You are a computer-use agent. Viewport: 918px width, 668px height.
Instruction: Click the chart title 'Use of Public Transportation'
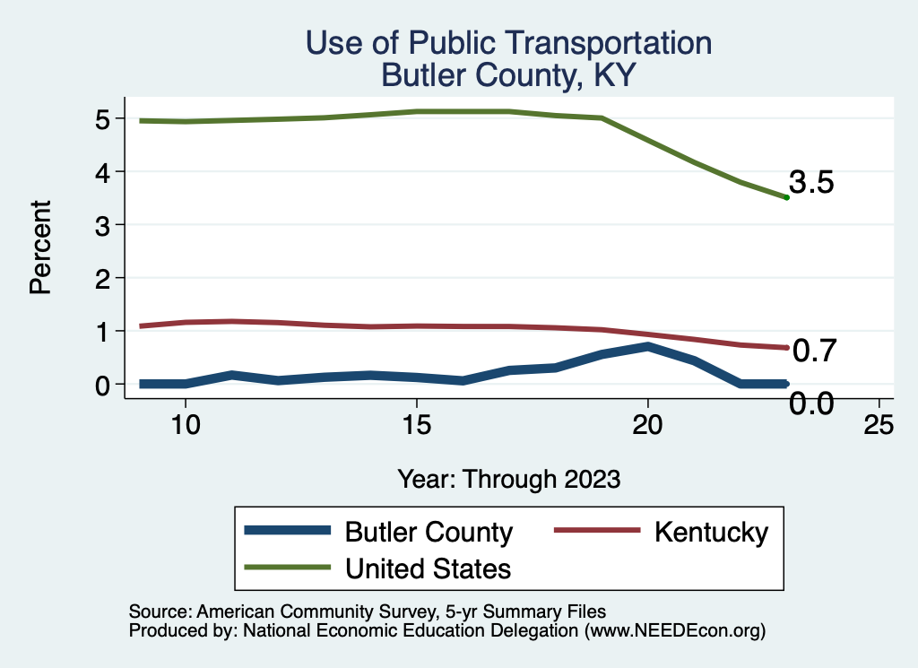[508, 43]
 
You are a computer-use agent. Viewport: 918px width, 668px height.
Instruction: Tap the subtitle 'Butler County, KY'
[508, 75]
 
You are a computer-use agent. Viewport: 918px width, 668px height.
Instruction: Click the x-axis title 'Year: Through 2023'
[508, 479]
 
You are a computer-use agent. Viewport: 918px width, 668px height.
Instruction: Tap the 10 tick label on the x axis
[185, 425]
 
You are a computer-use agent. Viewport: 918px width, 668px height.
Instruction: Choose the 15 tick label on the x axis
[416, 425]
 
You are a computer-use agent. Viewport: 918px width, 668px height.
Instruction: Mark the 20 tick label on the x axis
[647, 425]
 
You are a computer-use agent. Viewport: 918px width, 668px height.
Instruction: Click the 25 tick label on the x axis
[879, 425]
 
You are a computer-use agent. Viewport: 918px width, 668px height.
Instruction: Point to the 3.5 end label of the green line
[812, 184]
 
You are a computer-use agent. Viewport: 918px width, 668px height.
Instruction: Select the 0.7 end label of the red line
[814, 351]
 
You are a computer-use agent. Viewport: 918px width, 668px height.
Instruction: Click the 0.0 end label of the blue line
[811, 403]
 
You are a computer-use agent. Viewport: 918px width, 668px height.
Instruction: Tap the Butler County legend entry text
[429, 532]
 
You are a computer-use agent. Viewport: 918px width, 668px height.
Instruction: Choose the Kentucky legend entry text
[711, 532]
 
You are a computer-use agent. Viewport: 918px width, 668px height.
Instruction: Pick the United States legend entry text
[428, 568]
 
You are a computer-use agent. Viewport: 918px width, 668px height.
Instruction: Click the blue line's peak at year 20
[646, 346]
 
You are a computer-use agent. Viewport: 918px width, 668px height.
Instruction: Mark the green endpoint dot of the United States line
[786, 197]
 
